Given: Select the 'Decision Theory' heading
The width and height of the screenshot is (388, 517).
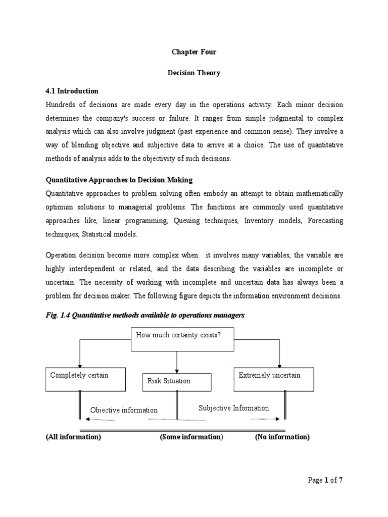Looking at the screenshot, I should coord(194,73).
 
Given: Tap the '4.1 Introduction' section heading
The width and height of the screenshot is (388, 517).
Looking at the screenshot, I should coord(72,91).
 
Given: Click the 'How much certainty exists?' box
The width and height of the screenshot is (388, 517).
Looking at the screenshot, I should coord(182,339).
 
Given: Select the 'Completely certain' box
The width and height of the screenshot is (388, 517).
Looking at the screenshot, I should coord(85,379).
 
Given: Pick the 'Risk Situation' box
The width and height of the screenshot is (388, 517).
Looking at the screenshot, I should coord(176,382).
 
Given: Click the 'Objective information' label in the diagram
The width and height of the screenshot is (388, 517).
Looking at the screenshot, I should coord(124,410).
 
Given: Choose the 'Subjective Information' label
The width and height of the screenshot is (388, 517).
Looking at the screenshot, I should coord(233,408).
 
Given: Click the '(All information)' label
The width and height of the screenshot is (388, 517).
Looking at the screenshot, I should coord(73,437).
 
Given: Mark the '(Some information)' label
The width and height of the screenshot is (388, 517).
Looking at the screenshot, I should coord(191,437).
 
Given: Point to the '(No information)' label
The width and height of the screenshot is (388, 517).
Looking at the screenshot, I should coord(282,437).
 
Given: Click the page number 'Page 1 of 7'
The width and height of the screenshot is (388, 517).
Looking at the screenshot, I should coord(325,480).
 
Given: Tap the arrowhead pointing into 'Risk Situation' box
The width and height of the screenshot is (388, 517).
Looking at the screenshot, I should coord(176,370).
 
